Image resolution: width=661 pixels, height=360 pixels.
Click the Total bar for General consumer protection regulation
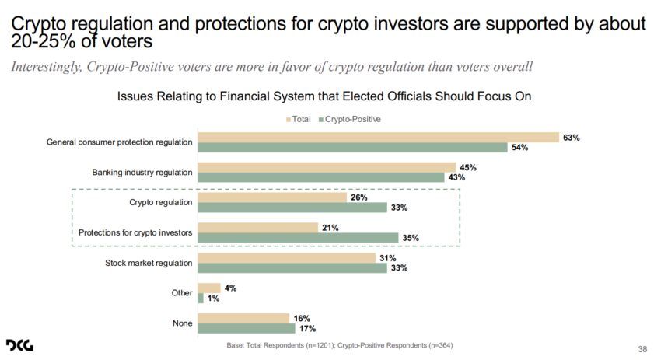[x=379, y=138]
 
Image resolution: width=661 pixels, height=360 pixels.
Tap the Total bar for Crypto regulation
[x=272, y=197]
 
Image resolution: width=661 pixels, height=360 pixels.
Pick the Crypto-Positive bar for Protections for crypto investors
[x=298, y=237]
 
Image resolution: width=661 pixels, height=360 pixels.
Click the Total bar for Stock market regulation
[x=287, y=258]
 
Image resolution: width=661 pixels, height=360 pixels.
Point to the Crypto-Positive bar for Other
[x=201, y=298]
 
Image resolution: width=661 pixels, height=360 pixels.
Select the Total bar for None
[x=243, y=318]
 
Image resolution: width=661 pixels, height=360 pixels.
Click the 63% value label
[x=572, y=138]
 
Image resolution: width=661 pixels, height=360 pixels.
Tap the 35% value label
[x=410, y=238]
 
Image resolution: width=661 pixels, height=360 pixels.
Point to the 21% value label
[x=330, y=228]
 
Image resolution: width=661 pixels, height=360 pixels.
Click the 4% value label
[x=230, y=288]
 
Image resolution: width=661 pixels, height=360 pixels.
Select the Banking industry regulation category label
[x=142, y=173]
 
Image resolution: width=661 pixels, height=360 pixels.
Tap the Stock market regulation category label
[x=149, y=263]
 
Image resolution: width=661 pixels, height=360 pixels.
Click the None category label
[x=182, y=323]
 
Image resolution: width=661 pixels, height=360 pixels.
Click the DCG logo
[x=19, y=344]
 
